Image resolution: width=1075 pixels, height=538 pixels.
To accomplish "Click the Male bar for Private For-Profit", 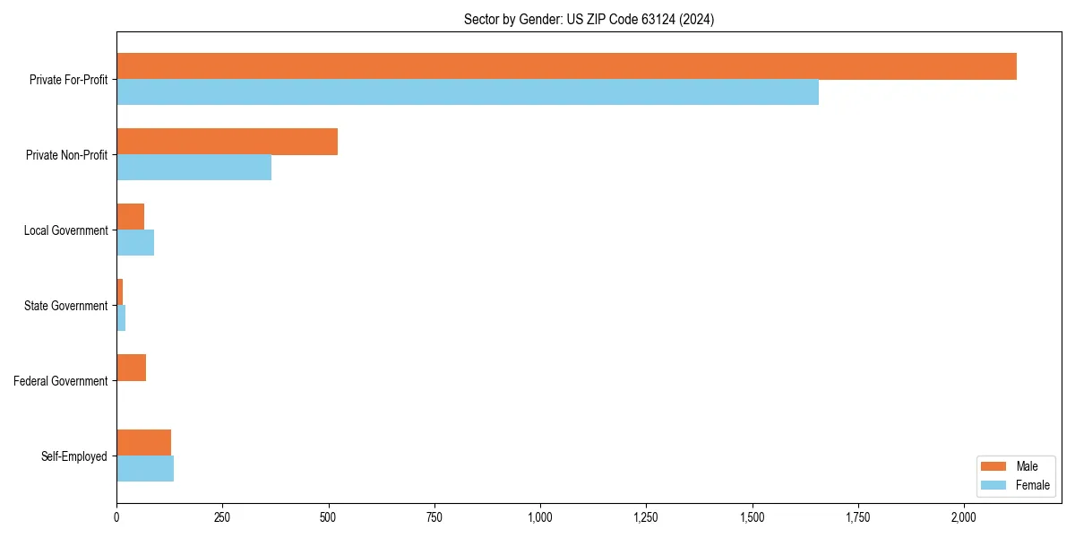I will point(566,66).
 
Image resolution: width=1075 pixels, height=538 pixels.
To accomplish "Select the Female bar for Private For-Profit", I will point(468,92).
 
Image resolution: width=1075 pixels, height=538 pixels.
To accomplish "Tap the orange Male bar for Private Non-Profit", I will point(227,142).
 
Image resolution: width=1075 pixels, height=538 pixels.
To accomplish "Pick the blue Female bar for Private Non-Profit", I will point(193,168).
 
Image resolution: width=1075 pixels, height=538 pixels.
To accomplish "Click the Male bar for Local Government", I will point(131,217).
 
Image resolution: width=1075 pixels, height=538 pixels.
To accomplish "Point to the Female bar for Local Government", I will point(135,243).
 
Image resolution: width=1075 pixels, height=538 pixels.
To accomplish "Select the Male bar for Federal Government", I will point(132,368).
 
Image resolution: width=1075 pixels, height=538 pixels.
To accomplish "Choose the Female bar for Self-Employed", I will point(145,469).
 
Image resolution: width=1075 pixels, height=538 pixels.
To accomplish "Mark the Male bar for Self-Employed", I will point(143,443).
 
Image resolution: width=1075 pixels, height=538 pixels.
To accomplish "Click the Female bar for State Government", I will point(121,318).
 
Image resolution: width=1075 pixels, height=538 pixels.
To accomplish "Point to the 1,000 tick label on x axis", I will point(540,517).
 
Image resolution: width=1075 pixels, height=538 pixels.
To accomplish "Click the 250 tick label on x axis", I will point(222,517).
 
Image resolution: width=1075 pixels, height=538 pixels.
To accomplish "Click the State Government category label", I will point(65,306).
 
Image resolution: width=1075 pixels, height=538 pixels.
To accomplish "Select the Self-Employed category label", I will point(73,456).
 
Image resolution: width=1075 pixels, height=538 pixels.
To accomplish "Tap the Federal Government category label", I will point(60,381).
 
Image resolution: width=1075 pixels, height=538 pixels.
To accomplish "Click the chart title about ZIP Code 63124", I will point(589,19).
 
